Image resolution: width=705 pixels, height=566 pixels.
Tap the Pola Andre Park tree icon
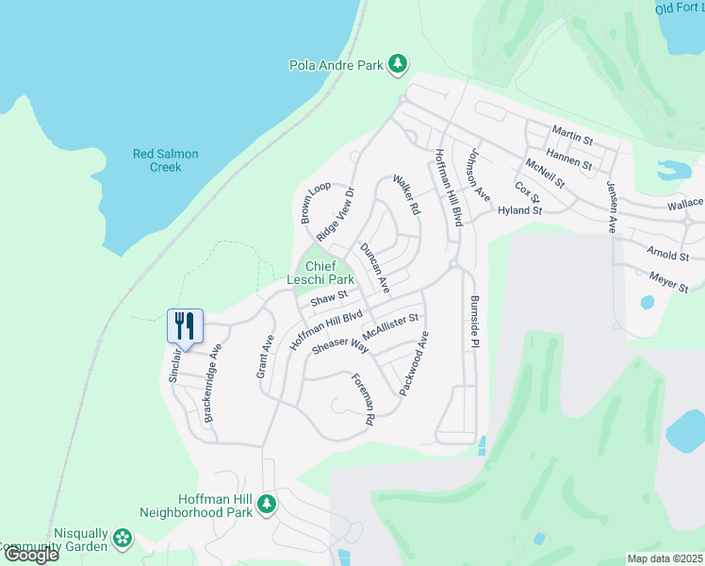tap(399, 64)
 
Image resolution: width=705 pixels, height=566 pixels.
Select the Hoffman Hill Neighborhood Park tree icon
tap(267, 505)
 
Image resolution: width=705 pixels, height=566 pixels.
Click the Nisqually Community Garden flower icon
tap(122, 539)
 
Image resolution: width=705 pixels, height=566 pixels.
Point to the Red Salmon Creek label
tap(156, 160)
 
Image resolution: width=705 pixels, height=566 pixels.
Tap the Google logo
tap(30, 554)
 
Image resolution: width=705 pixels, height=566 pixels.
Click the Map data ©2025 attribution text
tap(664, 558)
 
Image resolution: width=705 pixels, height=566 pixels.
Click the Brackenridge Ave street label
tap(211, 382)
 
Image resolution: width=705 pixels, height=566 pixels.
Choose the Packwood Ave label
tap(414, 362)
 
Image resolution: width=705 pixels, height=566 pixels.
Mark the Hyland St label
tap(520, 211)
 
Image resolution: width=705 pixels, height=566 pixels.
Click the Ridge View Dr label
tap(336, 214)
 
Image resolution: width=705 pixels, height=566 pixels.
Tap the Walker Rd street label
tap(406, 194)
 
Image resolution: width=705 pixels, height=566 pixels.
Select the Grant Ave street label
tap(265, 357)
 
